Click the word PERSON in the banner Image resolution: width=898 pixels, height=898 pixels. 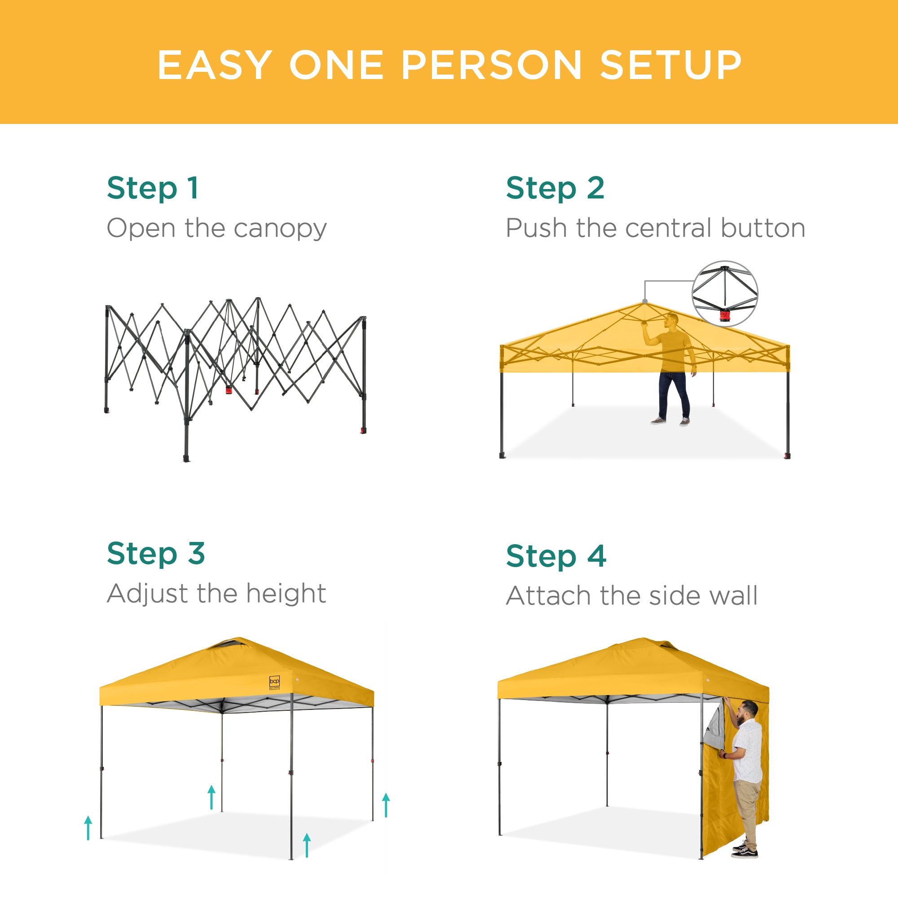[491, 65]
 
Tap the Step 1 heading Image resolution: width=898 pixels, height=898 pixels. [153, 188]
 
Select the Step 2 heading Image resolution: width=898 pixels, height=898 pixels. [555, 188]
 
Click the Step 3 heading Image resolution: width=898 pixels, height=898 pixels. [156, 553]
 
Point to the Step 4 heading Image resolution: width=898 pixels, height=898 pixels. [556, 556]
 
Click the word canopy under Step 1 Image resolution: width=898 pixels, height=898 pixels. [280, 229]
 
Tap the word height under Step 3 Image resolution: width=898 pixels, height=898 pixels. [286, 594]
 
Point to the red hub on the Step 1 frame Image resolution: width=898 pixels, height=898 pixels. [229, 389]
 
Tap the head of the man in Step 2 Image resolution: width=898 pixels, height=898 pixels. [672, 320]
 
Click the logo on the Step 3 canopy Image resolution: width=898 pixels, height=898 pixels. [275, 682]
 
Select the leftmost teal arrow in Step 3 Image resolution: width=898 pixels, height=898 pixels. [88, 828]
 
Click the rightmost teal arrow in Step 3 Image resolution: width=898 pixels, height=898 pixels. [386, 805]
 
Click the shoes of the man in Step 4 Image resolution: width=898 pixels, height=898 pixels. [745, 851]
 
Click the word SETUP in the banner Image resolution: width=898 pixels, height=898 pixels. [671, 65]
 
